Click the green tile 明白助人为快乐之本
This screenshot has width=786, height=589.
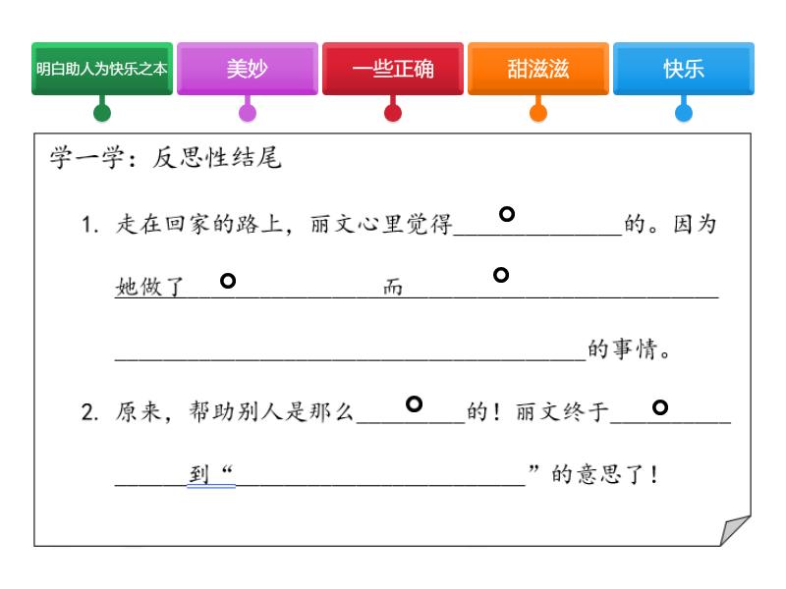click(102, 69)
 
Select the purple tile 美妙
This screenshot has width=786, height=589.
click(248, 69)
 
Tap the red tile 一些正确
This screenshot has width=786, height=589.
click(393, 69)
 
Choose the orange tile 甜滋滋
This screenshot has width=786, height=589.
click(538, 69)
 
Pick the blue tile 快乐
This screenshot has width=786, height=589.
click(684, 69)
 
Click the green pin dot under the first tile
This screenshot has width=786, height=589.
click(102, 112)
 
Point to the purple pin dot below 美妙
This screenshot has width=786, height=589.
click(248, 112)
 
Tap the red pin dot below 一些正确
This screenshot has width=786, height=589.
click(393, 112)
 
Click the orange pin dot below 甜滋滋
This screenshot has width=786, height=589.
click(538, 112)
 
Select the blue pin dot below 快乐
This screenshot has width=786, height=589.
click(684, 112)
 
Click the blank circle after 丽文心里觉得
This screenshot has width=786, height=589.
click(507, 213)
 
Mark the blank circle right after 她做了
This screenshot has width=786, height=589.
click(228, 282)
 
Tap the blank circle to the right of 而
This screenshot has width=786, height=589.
click(500, 275)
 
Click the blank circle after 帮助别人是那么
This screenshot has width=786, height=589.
click(415, 403)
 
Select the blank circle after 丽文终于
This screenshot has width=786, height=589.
click(660, 406)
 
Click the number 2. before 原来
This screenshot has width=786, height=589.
click(88, 413)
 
